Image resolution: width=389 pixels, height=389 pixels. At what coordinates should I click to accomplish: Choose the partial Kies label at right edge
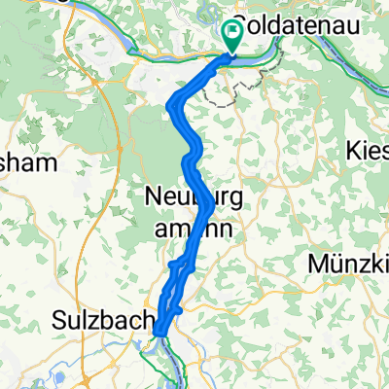click(368, 151)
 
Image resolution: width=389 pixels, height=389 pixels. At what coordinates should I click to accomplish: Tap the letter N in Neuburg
click(154, 196)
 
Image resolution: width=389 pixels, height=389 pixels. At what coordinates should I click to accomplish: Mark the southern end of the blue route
click(159, 334)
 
